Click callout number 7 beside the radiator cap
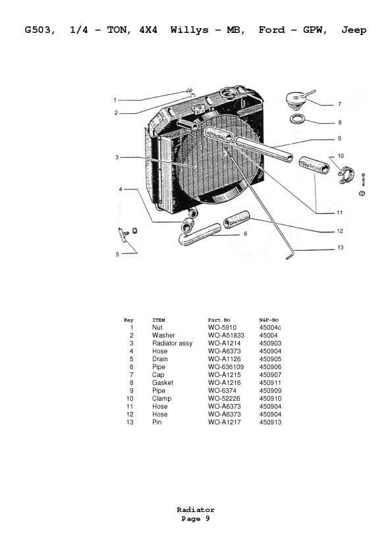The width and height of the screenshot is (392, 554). coord(340,104)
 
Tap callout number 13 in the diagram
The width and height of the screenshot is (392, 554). coord(341,247)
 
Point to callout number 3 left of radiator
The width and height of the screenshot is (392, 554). coord(117,157)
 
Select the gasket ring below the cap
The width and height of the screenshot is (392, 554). coord(298,118)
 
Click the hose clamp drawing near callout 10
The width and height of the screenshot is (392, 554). coord(345,176)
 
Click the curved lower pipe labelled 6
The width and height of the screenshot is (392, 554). coord(199,234)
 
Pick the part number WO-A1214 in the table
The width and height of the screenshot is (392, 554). coord(224,343)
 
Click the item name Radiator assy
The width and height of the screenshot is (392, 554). coord(173,343)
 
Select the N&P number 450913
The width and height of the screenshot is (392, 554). coord(270,422)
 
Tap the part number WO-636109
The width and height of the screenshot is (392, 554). coord(226,366)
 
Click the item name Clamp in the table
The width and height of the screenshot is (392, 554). coord(161,399)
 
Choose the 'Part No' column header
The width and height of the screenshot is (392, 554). coord(219,320)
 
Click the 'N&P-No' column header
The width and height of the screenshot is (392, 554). coord(269,320)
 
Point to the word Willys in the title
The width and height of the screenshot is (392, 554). coord(190,30)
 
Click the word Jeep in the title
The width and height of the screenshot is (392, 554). coord(354,30)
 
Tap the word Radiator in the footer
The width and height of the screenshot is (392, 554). coord(196,509)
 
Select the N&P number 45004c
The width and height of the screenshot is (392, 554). coord(270,328)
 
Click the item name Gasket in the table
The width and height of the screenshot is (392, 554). coord(163,383)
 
